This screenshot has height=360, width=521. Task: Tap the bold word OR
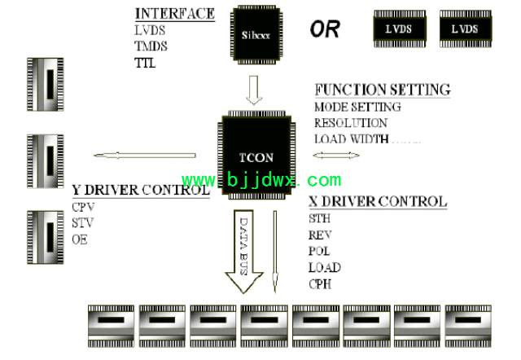pos(325,30)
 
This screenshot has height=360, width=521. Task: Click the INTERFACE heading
pos(174,14)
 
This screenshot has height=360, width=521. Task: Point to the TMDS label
pos(151,46)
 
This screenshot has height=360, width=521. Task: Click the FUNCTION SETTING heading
pos(382,90)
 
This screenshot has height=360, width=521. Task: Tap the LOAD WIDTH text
pos(352,138)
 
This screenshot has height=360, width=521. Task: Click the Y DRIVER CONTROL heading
pos(142,191)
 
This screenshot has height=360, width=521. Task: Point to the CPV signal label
pos(84,207)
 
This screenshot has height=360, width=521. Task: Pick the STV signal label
pos(83,222)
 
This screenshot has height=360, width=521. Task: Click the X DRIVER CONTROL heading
pos(378,201)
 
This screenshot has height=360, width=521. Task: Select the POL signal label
pos(320,251)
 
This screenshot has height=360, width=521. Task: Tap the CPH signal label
pos(321,283)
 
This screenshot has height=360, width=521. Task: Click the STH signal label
pos(320,218)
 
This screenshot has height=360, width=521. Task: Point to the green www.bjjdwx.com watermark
pos(261,180)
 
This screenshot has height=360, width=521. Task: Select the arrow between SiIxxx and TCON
pos(255,90)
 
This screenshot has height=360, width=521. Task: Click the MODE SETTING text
pos(357,107)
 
